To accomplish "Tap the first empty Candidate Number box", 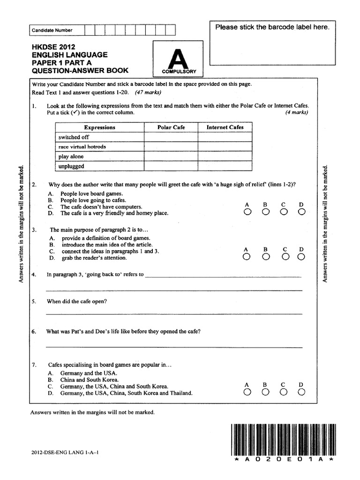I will point(90,30).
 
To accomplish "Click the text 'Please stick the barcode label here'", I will point(272,27).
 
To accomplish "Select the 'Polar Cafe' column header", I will point(171,127).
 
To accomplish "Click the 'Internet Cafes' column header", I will point(225,127).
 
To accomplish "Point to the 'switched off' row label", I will point(74,137).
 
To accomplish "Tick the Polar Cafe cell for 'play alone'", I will point(171,157).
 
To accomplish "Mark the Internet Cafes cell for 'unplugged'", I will point(225,166).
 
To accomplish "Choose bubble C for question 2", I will point(284,212).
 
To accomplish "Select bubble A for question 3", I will point(247,257).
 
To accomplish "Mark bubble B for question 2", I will point(265,212).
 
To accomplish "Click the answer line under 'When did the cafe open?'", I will point(173,313).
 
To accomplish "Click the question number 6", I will point(34,331).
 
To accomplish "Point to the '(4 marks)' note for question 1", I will point(297,112).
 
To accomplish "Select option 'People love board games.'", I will point(91,194).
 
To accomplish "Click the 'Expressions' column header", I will point(99,127).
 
